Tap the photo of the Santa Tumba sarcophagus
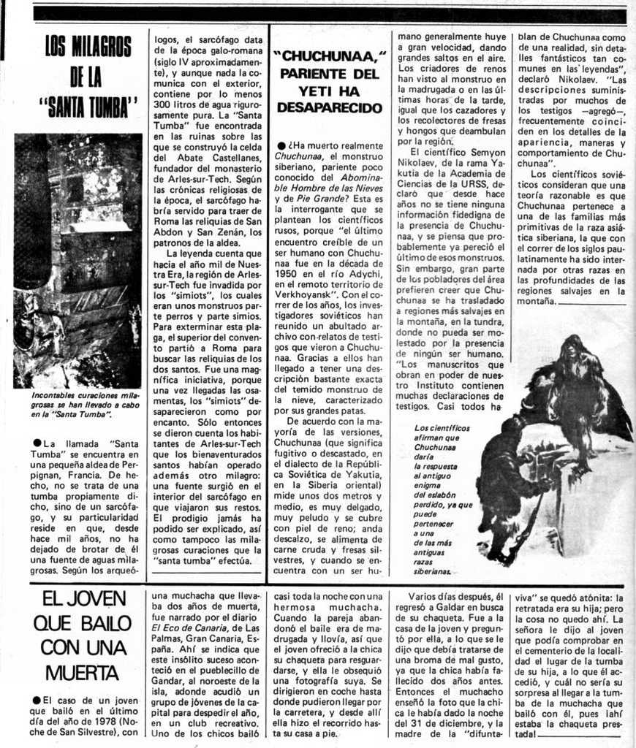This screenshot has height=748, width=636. click(x=77, y=259)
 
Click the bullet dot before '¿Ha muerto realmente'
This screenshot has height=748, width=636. click(x=281, y=146)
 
